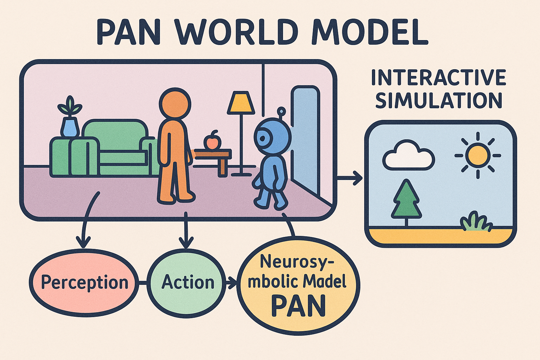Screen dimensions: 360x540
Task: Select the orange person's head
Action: pos(175,103)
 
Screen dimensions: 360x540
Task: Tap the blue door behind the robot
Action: pos(304,134)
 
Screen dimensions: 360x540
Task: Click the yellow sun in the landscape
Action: pos(477,155)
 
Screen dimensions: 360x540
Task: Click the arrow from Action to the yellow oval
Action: pos(231,282)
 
